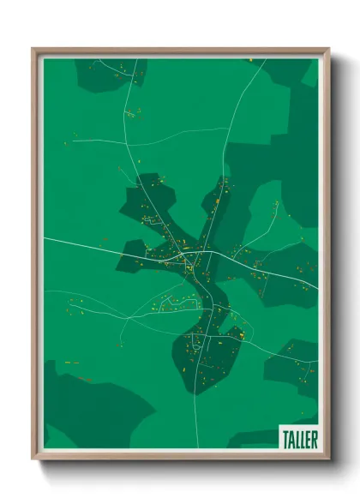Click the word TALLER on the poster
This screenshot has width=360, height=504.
point(299,439)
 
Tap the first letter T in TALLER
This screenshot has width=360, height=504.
point(285,439)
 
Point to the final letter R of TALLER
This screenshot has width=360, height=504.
point(314,439)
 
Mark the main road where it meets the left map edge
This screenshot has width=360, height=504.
point(45,237)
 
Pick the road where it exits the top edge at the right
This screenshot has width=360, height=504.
point(265,60)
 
